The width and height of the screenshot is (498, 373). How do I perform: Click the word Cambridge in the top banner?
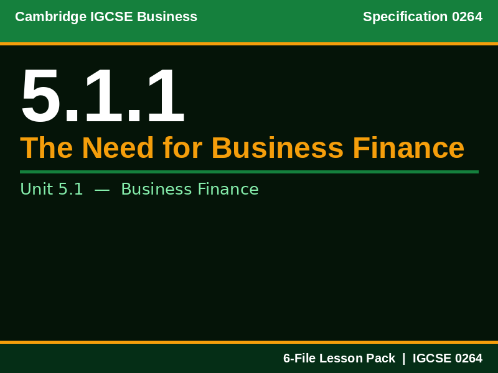point(42,17)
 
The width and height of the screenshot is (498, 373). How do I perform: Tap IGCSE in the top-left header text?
point(102,17)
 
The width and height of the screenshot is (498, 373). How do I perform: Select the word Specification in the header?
point(405,17)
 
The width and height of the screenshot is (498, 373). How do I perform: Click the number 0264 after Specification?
point(467,17)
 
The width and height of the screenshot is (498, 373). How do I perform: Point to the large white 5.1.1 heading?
point(103,96)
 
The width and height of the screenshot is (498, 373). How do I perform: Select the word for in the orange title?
point(182,148)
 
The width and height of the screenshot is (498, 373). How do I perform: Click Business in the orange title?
point(277,148)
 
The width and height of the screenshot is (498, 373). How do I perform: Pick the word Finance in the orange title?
point(408,148)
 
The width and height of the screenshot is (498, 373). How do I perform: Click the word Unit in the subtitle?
point(36,189)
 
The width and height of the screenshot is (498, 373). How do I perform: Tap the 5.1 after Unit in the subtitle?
point(70,189)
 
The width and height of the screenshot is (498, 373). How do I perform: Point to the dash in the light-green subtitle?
point(102,189)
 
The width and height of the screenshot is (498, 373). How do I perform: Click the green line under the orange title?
point(249,172)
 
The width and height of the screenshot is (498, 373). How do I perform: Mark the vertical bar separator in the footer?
point(403,358)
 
